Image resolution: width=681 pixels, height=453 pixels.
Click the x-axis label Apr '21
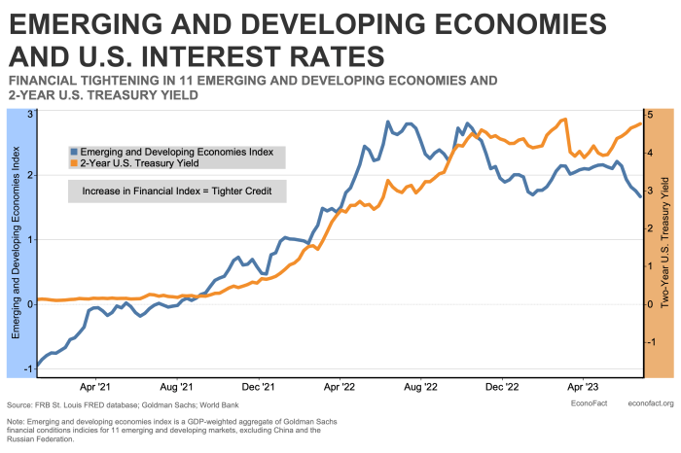point(95,385)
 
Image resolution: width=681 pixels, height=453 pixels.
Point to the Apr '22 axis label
point(339,385)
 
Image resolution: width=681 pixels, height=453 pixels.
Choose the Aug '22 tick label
point(420,385)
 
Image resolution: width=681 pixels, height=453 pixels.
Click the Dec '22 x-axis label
point(501,385)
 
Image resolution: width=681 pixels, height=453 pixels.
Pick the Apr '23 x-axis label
point(582,385)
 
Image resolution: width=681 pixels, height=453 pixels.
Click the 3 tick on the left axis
point(30,115)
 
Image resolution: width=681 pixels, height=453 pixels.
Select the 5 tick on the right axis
point(651,115)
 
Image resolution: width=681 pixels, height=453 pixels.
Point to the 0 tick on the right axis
point(651,304)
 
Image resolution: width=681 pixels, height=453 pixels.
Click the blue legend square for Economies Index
point(73,152)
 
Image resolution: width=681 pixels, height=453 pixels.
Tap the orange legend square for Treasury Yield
point(73,163)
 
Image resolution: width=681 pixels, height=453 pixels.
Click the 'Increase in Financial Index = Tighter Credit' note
point(176,192)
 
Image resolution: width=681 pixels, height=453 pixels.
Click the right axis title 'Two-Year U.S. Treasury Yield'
point(665,241)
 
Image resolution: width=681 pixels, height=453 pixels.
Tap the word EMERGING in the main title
point(96,22)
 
